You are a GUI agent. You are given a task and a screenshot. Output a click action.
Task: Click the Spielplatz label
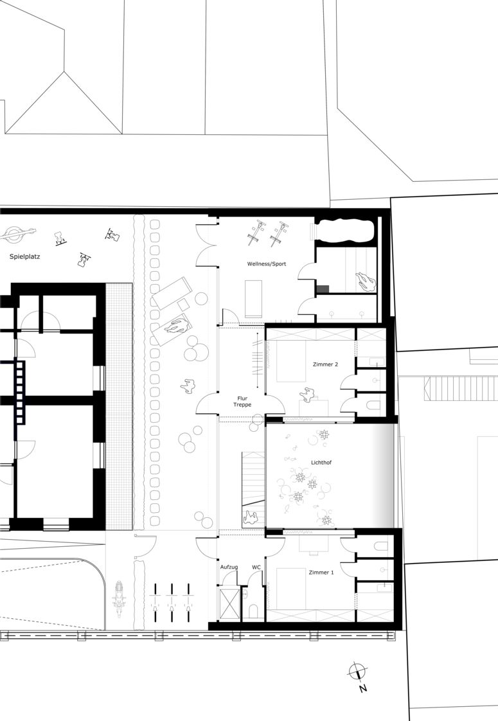25,256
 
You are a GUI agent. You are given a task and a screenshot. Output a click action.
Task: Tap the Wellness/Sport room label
267,264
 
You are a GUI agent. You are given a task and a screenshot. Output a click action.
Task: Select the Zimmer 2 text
326,364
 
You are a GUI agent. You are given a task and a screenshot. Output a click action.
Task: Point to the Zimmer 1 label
321,573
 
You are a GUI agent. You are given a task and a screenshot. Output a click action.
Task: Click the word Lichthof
321,463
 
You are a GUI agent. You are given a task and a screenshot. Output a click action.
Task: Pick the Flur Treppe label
242,402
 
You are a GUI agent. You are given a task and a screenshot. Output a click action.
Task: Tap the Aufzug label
229,567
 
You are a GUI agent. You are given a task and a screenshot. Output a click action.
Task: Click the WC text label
256,567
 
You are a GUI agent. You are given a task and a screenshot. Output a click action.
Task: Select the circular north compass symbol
356,671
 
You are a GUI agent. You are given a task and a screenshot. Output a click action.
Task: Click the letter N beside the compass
363,688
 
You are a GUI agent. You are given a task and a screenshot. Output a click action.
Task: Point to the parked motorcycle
120,599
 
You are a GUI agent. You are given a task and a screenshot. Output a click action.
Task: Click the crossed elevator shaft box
230,603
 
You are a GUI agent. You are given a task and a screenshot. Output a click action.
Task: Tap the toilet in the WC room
253,611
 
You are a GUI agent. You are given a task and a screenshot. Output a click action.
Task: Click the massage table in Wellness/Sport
253,298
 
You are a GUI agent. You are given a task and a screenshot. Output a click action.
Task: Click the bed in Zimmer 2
290,361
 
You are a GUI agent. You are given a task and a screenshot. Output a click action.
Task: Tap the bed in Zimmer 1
290,589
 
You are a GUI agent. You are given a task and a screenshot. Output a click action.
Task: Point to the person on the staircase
252,518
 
